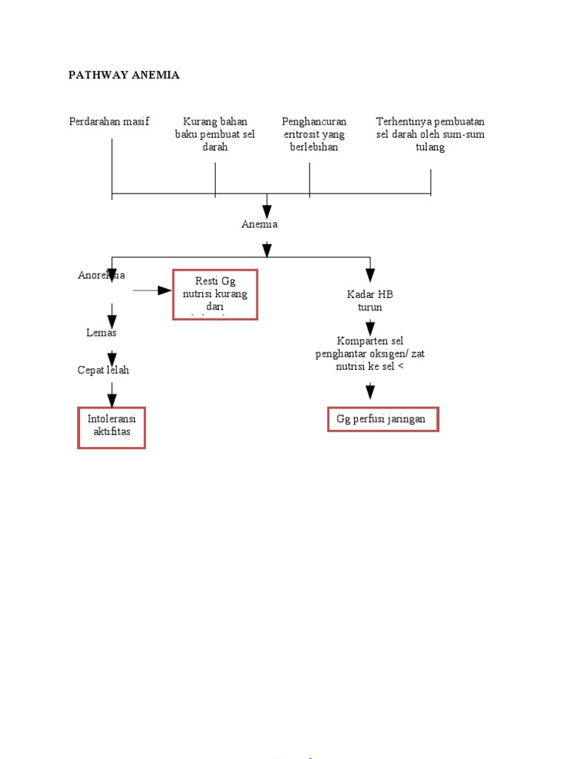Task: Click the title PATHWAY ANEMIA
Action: tap(124, 75)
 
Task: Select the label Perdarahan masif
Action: tap(109, 122)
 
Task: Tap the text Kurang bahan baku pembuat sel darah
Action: tap(215, 134)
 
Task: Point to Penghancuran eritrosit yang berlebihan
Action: tap(314, 134)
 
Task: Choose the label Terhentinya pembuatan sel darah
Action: tap(430, 134)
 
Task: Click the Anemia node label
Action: tap(259, 224)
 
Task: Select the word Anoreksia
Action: tap(102, 275)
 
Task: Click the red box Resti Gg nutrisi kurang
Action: tap(215, 294)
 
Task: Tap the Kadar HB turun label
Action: tap(370, 300)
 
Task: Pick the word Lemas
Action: tap(102, 333)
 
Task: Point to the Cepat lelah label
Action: tap(103, 370)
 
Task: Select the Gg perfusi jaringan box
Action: tap(382, 419)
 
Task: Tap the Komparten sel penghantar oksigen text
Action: tap(370, 353)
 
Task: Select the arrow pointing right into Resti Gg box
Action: tap(164, 290)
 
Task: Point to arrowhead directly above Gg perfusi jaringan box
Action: tap(370, 391)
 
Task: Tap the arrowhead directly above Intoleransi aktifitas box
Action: tap(112, 400)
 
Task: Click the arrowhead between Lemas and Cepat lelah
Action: tap(112, 357)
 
